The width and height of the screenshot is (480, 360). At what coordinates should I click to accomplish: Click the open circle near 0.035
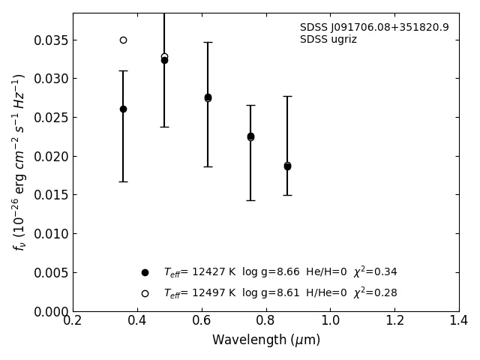(123, 40)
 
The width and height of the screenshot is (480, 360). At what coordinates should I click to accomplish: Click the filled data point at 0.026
(123, 109)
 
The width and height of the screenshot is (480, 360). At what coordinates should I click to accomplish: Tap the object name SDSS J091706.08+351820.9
(374, 28)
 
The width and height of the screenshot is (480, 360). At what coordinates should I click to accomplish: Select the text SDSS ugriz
(328, 40)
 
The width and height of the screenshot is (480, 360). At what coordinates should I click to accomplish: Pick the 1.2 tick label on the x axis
(394, 321)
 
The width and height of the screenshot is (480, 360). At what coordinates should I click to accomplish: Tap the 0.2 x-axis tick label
(73, 321)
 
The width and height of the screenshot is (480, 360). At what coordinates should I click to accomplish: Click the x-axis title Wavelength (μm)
(265, 340)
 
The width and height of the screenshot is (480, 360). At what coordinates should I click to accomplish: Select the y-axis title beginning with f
(19, 161)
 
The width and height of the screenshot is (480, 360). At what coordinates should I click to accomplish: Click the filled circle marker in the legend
(145, 272)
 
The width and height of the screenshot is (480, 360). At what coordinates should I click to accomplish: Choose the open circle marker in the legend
(145, 293)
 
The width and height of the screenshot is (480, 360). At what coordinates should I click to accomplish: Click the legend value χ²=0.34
(375, 271)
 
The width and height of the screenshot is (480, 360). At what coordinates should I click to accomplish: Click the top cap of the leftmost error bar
(123, 70)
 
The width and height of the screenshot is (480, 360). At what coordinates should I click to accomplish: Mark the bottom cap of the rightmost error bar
(287, 195)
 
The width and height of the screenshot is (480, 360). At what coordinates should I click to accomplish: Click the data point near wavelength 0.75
(250, 136)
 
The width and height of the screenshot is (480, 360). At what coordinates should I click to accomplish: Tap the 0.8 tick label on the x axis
(265, 321)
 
